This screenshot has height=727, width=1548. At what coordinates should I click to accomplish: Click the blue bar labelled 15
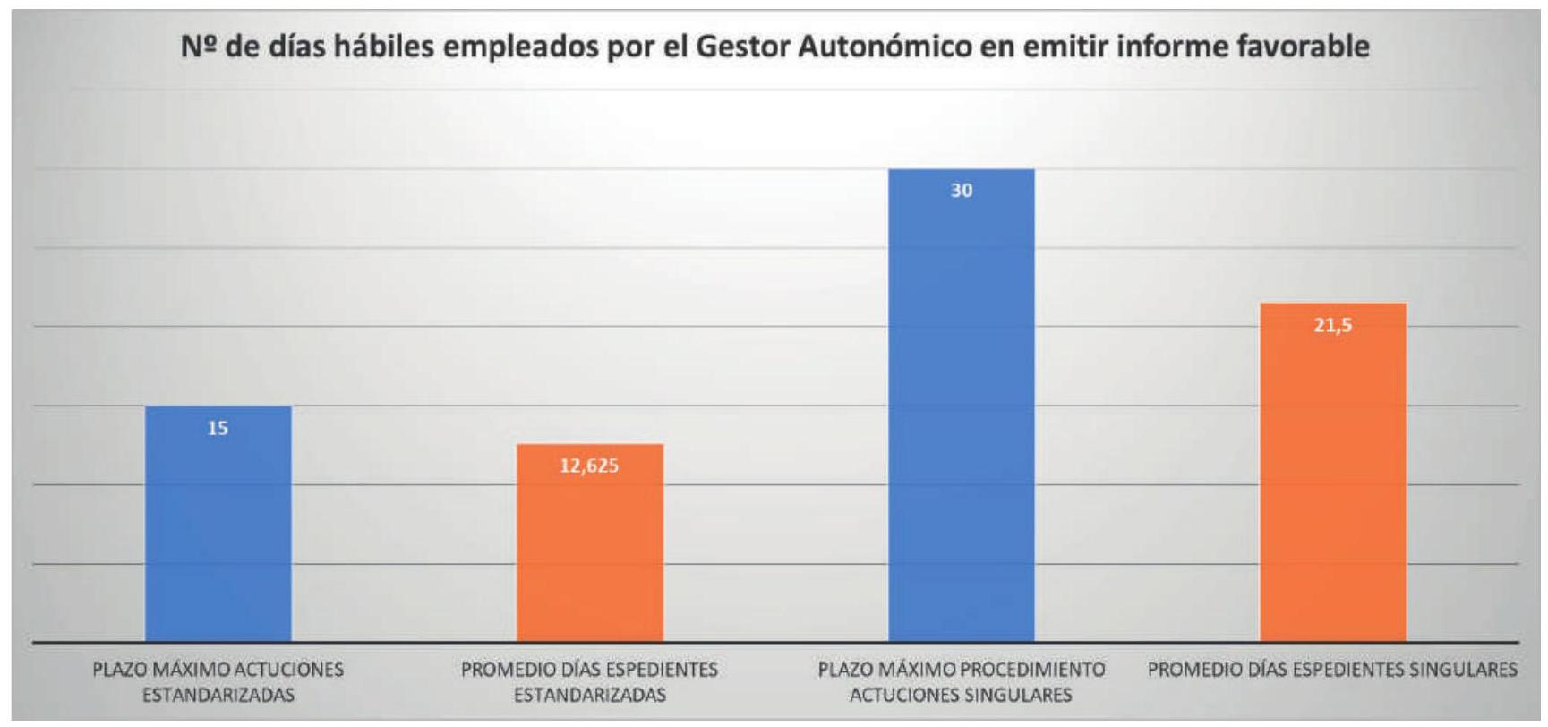218,528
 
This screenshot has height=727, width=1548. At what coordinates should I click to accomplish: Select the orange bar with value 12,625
590,546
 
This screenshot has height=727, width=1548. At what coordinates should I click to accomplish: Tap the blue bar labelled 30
961,412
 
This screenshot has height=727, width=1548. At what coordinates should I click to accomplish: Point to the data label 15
218,429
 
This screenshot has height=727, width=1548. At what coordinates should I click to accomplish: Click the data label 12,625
590,466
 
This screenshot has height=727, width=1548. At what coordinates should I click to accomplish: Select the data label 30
962,191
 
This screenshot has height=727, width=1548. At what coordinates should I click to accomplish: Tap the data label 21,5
1333,326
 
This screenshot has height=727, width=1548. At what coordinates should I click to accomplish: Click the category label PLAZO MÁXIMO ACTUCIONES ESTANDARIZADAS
218,682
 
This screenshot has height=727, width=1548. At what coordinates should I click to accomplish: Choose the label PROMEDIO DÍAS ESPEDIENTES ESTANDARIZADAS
590,682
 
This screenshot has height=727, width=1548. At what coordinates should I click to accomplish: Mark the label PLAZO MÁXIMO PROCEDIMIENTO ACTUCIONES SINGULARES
962,682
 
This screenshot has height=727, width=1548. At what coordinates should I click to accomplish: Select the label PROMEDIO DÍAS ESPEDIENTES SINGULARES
1332,670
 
